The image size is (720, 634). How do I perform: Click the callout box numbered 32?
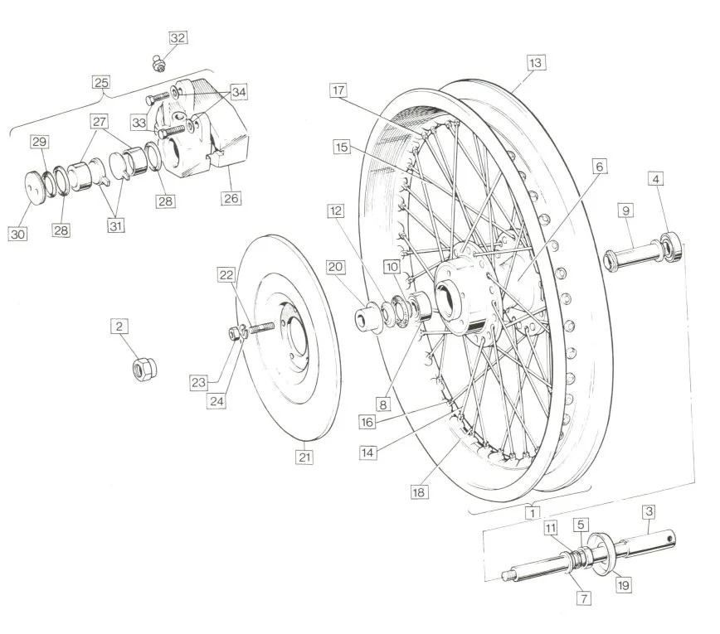click(x=178, y=37)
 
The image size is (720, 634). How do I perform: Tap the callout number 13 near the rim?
click(x=535, y=63)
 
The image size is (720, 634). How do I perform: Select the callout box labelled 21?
click(x=304, y=457)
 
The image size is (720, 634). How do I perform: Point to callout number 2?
click(x=119, y=327)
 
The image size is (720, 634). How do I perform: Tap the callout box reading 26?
click(x=231, y=198)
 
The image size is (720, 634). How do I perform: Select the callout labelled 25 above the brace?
click(x=101, y=83)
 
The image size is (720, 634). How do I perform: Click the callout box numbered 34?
click(x=239, y=92)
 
